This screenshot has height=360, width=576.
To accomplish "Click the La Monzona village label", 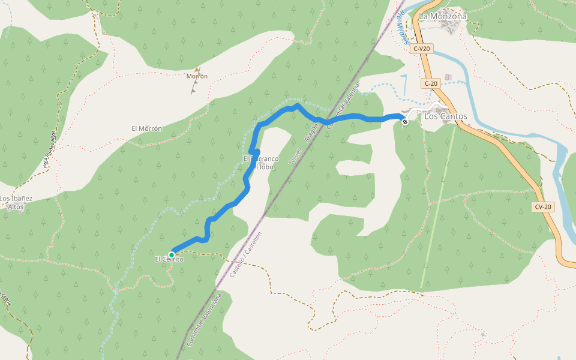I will point(443,16).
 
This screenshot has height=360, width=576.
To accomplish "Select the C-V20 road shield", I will point(422,49).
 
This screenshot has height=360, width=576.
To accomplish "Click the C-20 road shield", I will point(430,83).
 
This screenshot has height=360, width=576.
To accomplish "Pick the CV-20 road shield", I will point(542,207).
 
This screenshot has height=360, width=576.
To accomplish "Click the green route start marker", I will point(172,254).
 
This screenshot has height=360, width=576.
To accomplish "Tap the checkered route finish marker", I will point(405,122).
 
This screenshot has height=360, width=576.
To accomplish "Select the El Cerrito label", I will point(169,259).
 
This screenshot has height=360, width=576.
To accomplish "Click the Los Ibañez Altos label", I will point(16,202).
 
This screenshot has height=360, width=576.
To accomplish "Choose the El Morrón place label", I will point(146,128).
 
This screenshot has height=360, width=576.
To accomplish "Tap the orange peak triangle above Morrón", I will point(197,70).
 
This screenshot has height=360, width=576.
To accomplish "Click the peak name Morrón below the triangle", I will point(197,76).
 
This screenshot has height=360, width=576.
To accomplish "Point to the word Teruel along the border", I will point(294,157).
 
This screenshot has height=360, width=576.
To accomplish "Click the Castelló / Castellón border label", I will point(247,254).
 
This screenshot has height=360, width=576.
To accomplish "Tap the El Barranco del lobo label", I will point(261,162).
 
